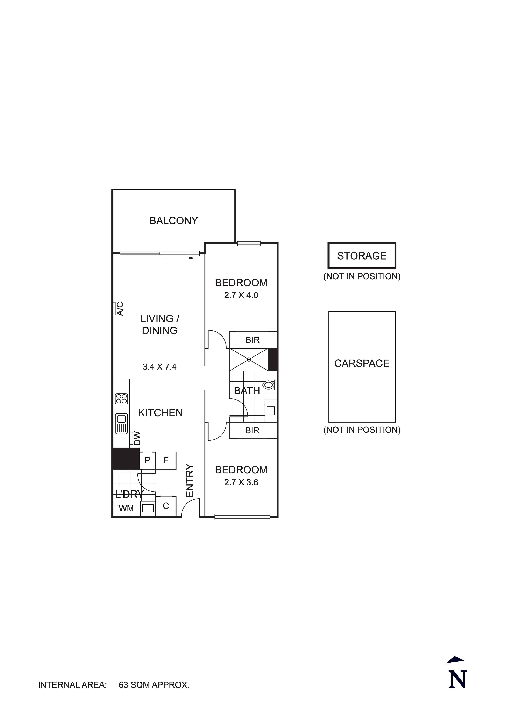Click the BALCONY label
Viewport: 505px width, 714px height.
[173, 220]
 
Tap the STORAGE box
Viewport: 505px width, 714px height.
[362, 256]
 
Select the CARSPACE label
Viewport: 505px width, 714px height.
[362, 363]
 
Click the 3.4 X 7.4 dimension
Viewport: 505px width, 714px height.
[159, 367]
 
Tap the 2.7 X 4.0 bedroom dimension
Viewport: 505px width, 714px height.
[241, 295]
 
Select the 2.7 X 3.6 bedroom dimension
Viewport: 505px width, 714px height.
[241, 482]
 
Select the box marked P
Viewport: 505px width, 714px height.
[148, 460]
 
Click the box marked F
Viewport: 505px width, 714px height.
[166, 460]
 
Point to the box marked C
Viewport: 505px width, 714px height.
[166, 506]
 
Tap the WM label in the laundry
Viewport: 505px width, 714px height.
[126, 509]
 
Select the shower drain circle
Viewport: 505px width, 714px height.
[249, 360]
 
